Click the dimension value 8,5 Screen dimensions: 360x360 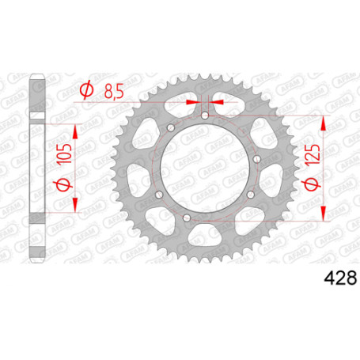[114, 91]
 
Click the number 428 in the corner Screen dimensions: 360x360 [340, 279]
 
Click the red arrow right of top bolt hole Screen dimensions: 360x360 [217, 101]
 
